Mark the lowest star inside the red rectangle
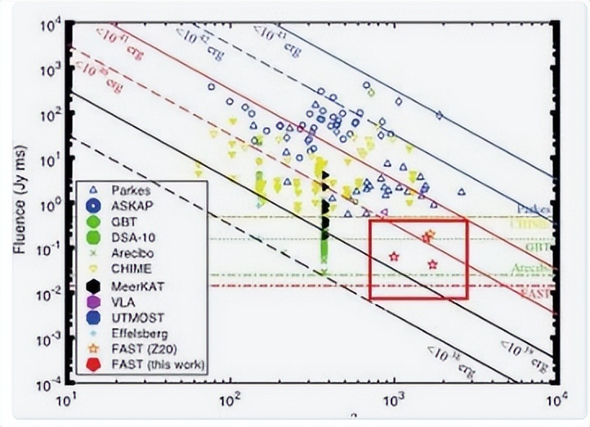(x=432, y=264)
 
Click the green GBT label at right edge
(x=537, y=245)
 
